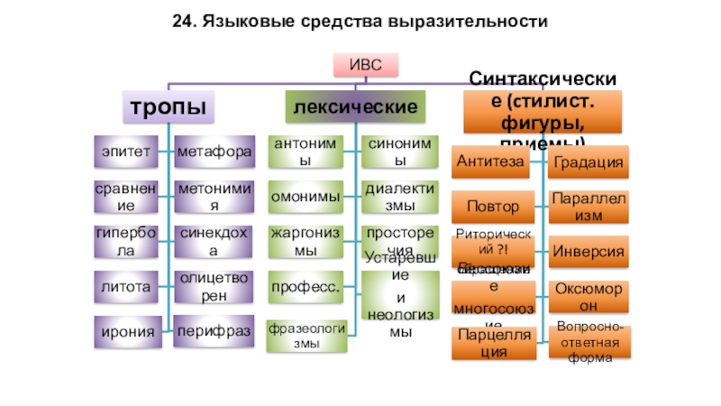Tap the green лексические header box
[354, 107]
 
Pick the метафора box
[214, 152]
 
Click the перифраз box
[214, 332]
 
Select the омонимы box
[306, 197]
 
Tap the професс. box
[306, 286]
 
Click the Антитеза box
[491, 161]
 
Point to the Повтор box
[491, 206]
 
